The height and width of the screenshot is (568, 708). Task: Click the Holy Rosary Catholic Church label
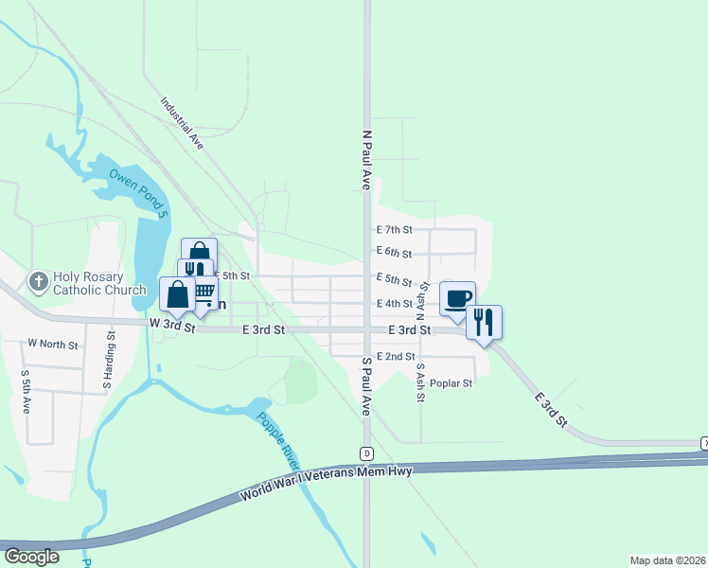click(x=99, y=284)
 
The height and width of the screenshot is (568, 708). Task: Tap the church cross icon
click(x=38, y=281)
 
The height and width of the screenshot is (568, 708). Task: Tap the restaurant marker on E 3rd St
click(x=484, y=322)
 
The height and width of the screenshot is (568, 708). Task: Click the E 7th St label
click(x=395, y=230)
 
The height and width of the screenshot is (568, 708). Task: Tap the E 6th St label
click(x=394, y=253)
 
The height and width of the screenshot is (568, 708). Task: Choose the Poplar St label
click(x=451, y=383)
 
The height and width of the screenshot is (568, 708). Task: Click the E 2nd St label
click(x=396, y=357)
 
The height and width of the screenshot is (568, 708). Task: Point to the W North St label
click(x=53, y=345)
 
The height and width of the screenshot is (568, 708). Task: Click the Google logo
click(x=31, y=557)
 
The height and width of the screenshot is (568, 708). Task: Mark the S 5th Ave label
click(x=27, y=385)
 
